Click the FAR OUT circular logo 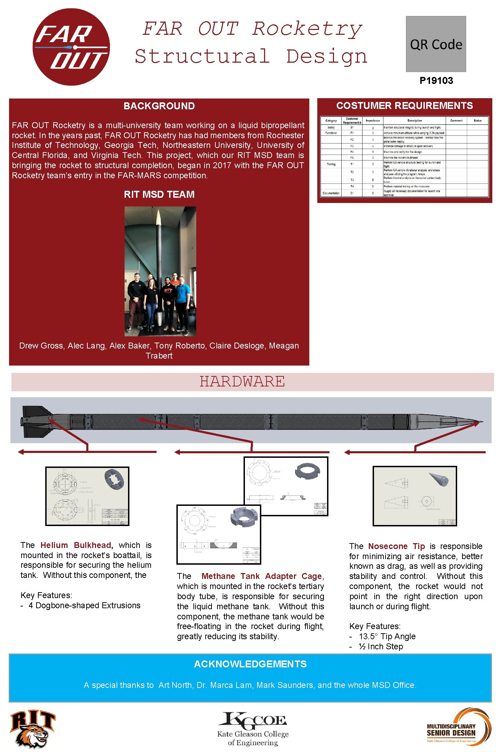(x=71, y=47)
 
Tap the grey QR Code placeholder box (x=436, y=44)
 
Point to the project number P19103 (x=436, y=81)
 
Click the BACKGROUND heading (x=159, y=106)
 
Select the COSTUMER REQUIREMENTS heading (x=404, y=105)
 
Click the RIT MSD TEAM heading (x=159, y=194)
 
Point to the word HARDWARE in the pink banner (x=242, y=382)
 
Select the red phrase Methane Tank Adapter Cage (x=261, y=576)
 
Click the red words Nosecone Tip (x=396, y=546)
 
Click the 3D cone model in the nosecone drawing (x=439, y=479)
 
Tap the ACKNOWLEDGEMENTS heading (x=250, y=664)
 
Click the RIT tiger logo (x=32, y=729)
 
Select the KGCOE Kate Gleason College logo (x=253, y=728)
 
